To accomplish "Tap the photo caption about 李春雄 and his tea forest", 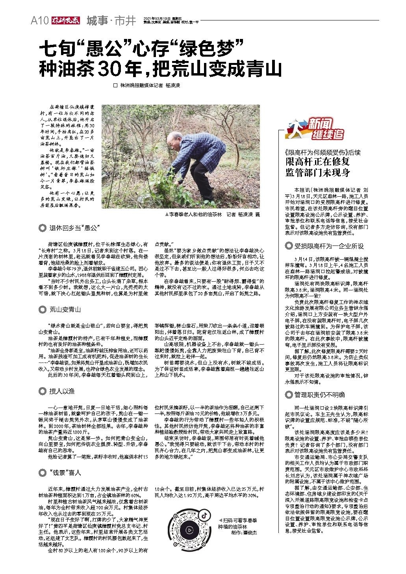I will (213, 214).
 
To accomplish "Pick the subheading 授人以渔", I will (62, 391).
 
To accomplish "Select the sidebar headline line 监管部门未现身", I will (317, 172).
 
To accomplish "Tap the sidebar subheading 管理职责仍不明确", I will (319, 395).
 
